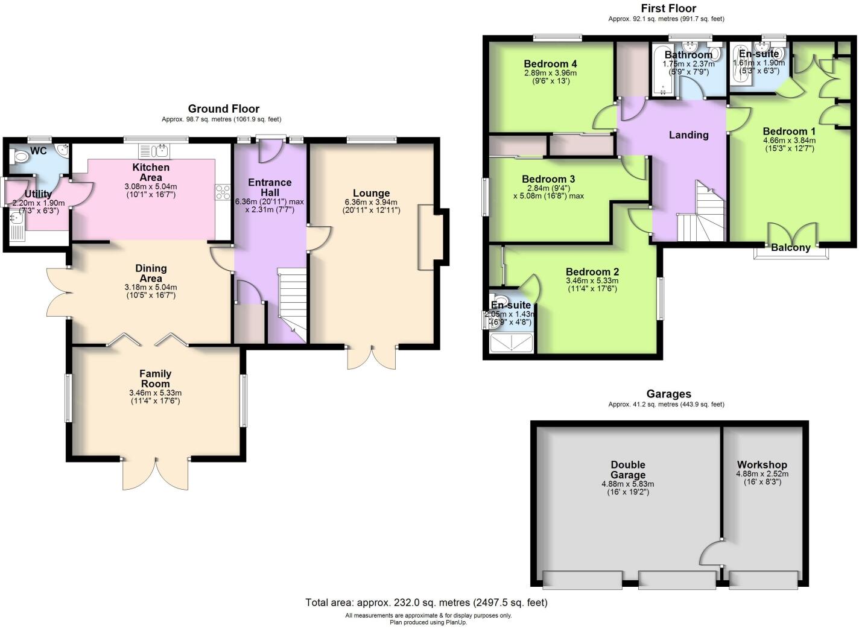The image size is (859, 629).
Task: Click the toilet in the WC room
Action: [x=21, y=157]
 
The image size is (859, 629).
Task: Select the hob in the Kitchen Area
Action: [x=223, y=192]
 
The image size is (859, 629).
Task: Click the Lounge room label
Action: [x=371, y=194]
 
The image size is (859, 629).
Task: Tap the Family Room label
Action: [x=155, y=379]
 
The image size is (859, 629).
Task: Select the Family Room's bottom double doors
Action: [x=156, y=473]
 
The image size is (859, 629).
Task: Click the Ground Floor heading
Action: [x=223, y=109]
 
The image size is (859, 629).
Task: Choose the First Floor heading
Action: [x=668, y=8]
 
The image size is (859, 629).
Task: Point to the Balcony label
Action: [x=790, y=247]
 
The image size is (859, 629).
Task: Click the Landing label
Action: [x=688, y=135]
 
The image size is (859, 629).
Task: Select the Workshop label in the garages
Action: [x=762, y=464]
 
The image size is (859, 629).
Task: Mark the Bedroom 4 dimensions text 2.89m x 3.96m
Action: [x=550, y=73]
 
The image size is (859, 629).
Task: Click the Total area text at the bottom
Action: [x=426, y=602]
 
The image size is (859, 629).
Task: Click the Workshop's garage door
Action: [x=762, y=580]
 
